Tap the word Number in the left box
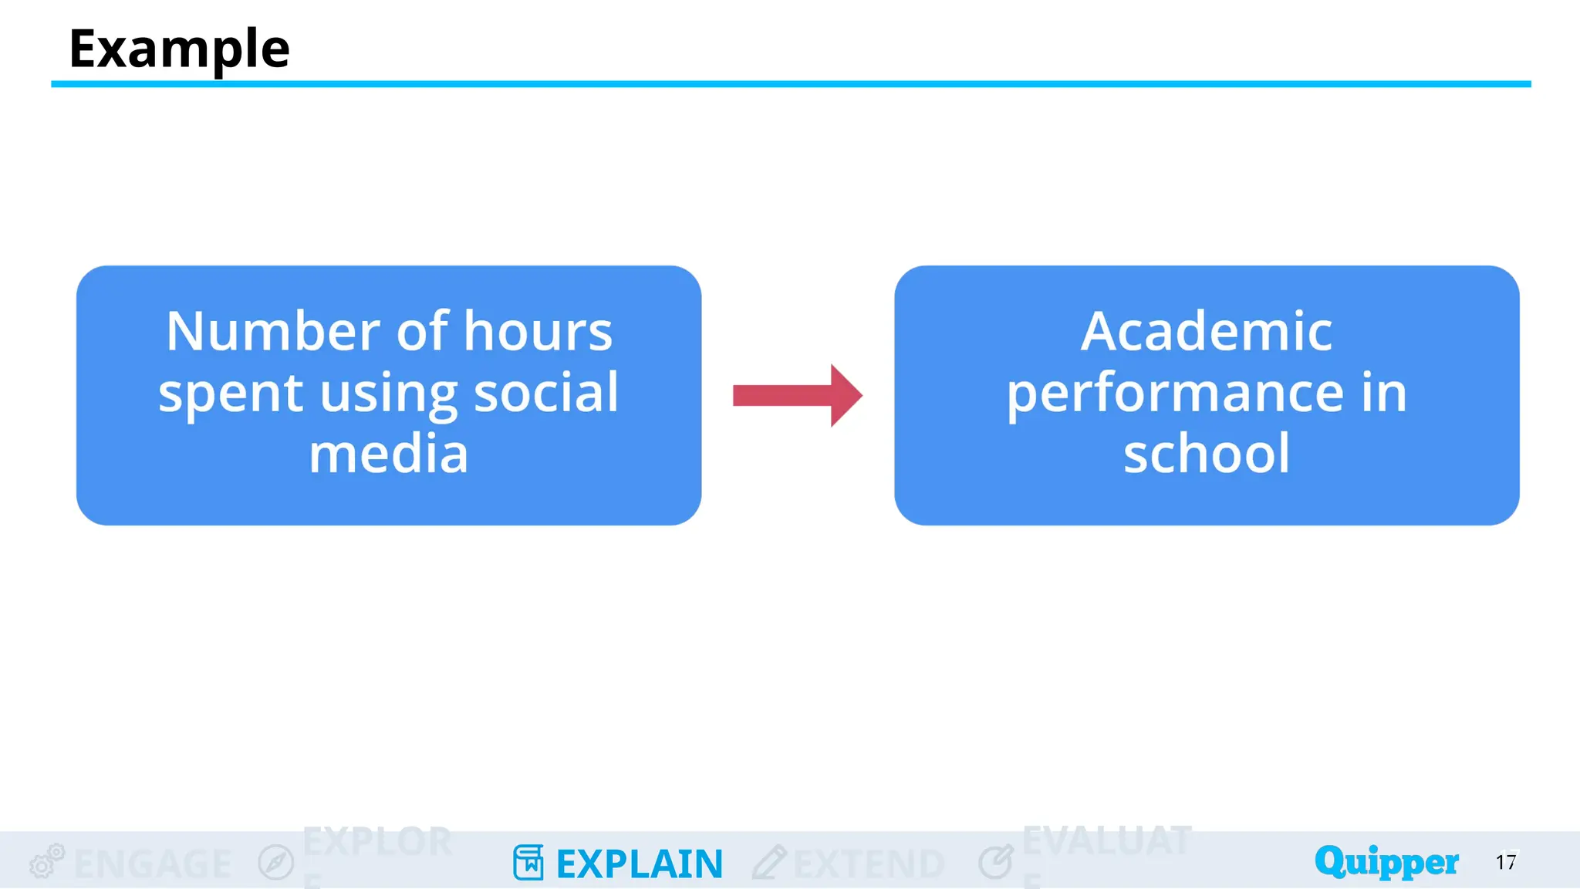[x=274, y=332]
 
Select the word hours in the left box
[x=538, y=332]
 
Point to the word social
[x=545, y=393]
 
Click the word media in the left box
[x=388, y=454]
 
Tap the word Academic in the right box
[x=1206, y=332]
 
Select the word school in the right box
[x=1206, y=454]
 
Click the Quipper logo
[x=1386, y=861]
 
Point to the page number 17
[x=1506, y=862]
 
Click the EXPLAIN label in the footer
[x=640, y=864]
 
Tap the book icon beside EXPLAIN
[x=528, y=862]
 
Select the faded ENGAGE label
[x=153, y=864]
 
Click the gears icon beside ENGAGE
[x=46, y=861]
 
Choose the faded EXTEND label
[x=869, y=864]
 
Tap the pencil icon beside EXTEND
[x=768, y=862]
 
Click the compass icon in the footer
[x=276, y=862]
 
